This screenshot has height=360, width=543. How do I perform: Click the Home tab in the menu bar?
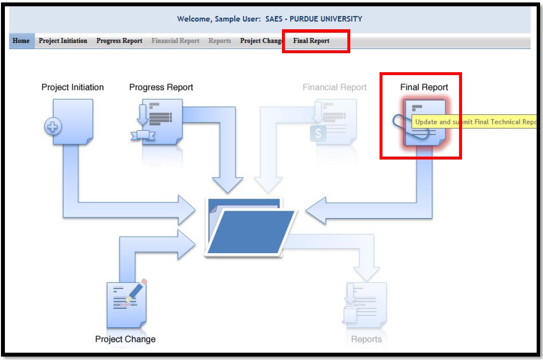pyautogui.click(x=20, y=41)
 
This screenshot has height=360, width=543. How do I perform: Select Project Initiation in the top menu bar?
pyautogui.click(x=63, y=41)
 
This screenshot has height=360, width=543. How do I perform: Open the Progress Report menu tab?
pyautogui.click(x=119, y=41)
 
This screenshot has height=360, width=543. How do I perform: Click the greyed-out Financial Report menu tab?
pyautogui.click(x=175, y=41)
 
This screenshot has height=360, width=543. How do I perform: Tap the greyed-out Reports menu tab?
pyautogui.click(x=220, y=41)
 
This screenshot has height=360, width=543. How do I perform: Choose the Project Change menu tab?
pyautogui.click(x=261, y=41)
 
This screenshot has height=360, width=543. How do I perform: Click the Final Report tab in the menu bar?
pyautogui.click(x=311, y=41)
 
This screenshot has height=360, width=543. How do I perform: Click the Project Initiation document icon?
pyautogui.click(x=73, y=122)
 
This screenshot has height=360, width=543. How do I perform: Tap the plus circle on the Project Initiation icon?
pyautogui.click(x=53, y=128)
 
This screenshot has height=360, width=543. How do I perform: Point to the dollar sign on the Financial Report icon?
pyautogui.click(x=318, y=134)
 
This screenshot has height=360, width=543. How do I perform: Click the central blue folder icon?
pyautogui.click(x=250, y=226)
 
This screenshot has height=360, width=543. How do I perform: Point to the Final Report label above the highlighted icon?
pyautogui.click(x=424, y=87)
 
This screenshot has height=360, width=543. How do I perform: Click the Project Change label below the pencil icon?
pyautogui.click(x=125, y=339)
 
